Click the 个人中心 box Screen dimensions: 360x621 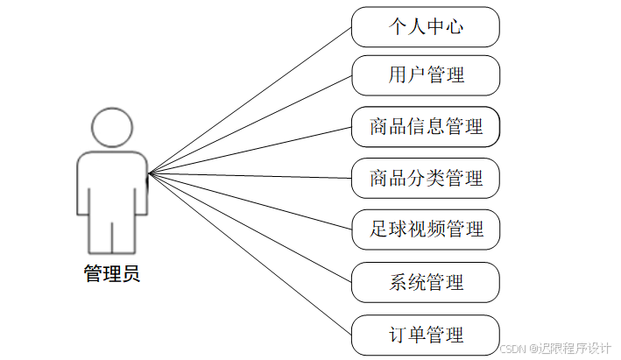coord(425,26)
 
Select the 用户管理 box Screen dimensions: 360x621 coord(425,74)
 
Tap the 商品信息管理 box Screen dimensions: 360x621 coord(425,126)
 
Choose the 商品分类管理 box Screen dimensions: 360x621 coord(425,179)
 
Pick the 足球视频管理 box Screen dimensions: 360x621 coord(425,229)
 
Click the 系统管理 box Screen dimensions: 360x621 coord(425,282)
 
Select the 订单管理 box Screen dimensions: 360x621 coord(425,335)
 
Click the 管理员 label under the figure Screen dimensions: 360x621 coord(111,274)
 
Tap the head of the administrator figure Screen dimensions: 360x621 coord(111,127)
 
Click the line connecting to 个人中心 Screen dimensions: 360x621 coord(250,100)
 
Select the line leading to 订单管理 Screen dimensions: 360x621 coord(250,254)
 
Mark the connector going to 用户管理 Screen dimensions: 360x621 coord(250,124)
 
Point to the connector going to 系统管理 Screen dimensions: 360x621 coord(250,228)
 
